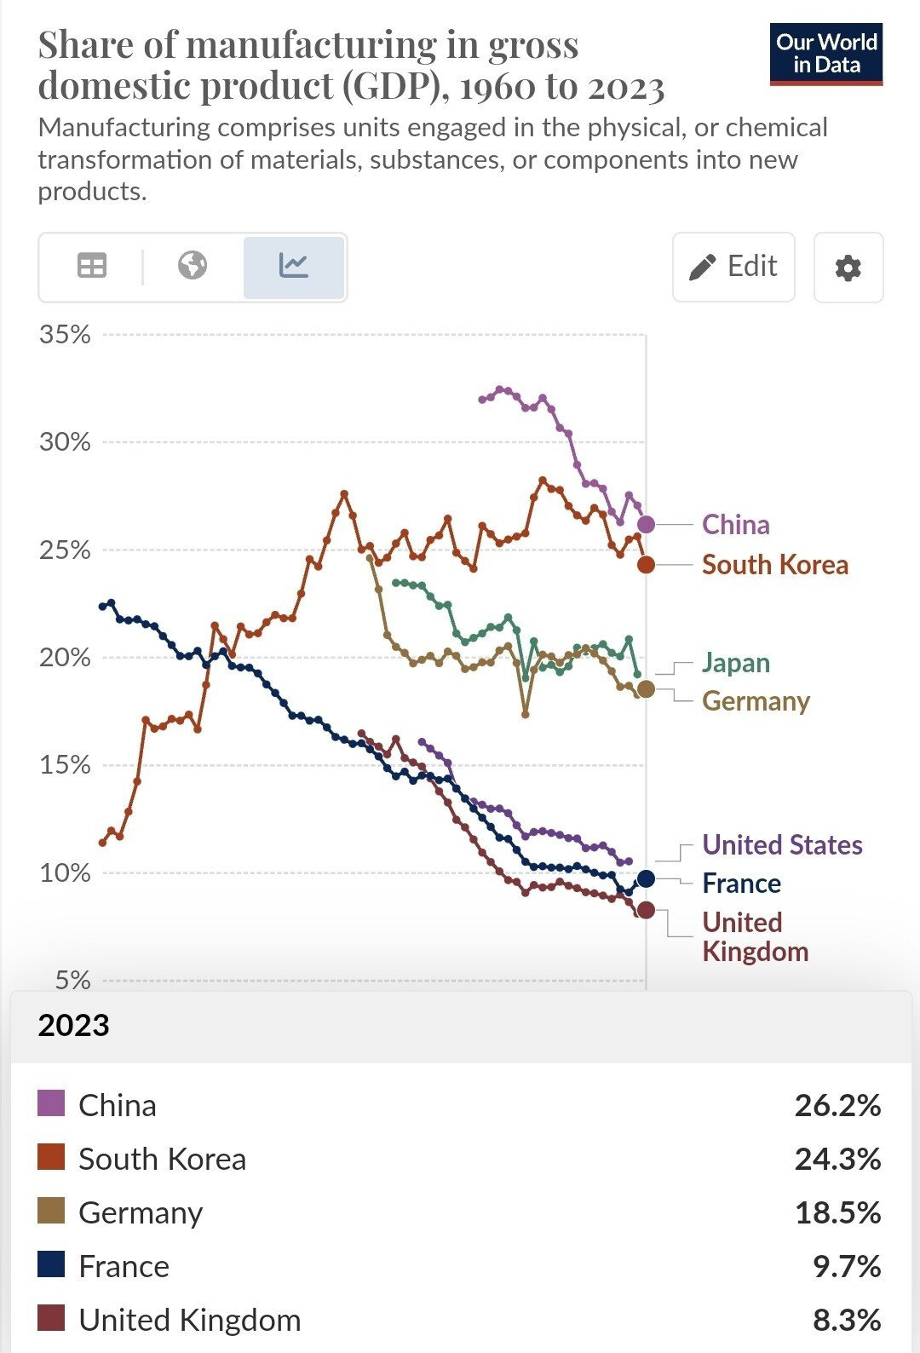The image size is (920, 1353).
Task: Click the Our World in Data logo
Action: (825, 54)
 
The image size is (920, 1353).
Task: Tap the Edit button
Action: (733, 267)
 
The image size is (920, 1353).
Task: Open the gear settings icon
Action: (848, 268)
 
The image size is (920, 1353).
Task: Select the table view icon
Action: (92, 267)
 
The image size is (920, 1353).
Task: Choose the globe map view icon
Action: (193, 267)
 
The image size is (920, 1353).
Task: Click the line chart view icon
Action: (294, 267)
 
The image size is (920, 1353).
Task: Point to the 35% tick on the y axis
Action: (65, 335)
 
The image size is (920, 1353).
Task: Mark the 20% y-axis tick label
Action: (65, 658)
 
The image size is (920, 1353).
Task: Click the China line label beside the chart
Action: (735, 525)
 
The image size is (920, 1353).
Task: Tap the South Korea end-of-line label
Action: (774, 565)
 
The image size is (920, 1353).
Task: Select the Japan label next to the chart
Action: (735, 663)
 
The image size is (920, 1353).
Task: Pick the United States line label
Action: (782, 845)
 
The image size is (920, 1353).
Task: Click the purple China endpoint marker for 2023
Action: (647, 524)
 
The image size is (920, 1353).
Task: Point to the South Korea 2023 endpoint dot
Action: (647, 564)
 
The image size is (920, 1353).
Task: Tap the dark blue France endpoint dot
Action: (647, 878)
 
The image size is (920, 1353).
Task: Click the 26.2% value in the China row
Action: (837, 1106)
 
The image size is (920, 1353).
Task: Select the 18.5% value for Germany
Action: (837, 1213)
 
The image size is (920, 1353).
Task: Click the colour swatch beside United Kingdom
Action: (51, 1319)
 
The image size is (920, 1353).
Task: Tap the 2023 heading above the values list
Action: (74, 1025)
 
